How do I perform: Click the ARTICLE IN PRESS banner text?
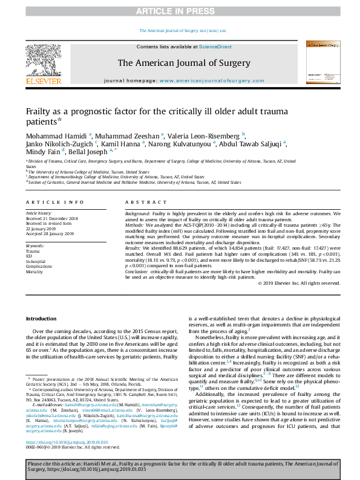pyautogui.click(x=180, y=11)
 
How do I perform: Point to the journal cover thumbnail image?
pyautogui.click(x=320, y=62)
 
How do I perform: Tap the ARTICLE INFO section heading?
pyautogui.click(x=54, y=202)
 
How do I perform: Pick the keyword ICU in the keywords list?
pyautogui.click(x=28, y=255)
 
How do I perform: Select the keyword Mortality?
pyautogui.click(x=34, y=272)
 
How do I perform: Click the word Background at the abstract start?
pyautogui.click(x=137, y=214)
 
